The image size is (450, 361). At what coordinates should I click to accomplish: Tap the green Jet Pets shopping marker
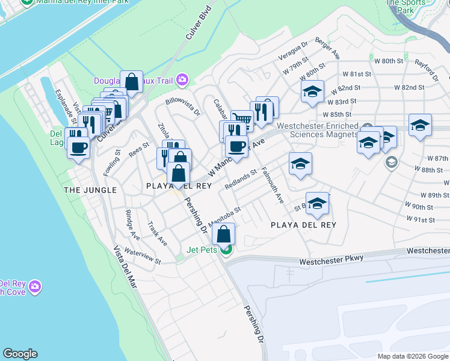coord(226,250)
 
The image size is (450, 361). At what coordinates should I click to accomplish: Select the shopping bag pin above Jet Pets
coord(223,234)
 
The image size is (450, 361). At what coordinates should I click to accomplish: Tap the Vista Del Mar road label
coord(125,267)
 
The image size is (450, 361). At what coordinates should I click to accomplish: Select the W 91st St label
coord(420,220)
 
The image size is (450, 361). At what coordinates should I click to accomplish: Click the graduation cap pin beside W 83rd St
coord(312,92)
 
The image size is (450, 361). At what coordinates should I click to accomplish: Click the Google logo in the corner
coord(20,354)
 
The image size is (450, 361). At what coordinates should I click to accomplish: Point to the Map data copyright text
coord(413,356)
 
